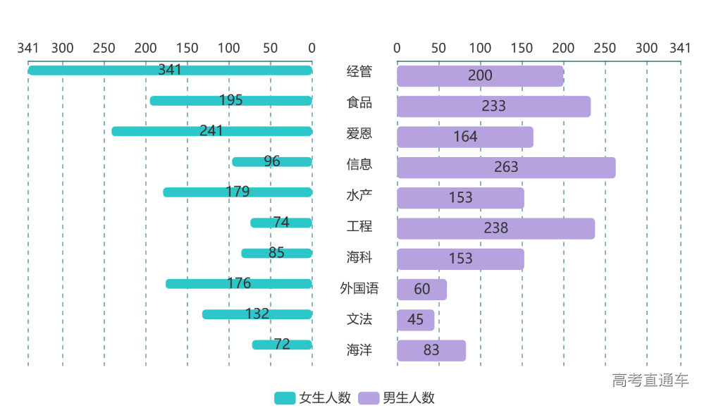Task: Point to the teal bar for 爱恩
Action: coord(155,131)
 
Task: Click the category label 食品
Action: coord(359,103)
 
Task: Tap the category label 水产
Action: coord(359,195)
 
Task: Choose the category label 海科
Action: coord(359,257)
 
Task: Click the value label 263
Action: coord(506,167)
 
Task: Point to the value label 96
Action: coord(272,161)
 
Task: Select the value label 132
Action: coord(257,314)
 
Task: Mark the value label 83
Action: coord(431,350)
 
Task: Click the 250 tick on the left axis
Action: coord(104,48)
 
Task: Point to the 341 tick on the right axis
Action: coord(680,48)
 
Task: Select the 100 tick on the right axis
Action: coord(481,48)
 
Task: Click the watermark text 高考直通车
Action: coord(651,381)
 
